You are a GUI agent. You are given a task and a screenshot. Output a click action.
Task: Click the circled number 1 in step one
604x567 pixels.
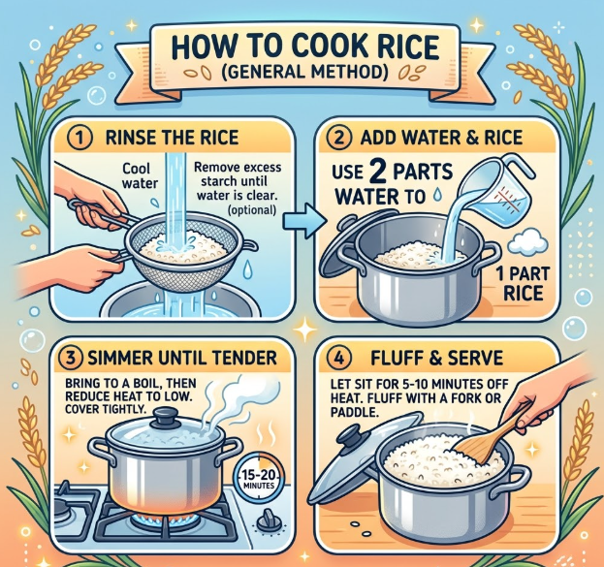(80, 139)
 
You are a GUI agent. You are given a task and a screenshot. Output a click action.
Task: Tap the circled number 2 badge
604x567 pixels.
(339, 139)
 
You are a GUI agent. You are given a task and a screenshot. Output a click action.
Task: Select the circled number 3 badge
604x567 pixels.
(72, 358)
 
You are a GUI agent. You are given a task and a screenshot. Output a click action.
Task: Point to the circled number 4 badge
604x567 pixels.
(339, 359)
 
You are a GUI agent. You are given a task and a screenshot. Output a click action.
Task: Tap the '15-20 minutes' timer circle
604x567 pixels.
(259, 478)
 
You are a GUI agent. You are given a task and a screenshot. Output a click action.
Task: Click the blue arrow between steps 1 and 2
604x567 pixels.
(302, 220)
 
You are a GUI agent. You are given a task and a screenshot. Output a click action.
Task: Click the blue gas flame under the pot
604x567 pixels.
(166, 520)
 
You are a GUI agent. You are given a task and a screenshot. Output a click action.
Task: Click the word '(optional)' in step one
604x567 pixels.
(251, 210)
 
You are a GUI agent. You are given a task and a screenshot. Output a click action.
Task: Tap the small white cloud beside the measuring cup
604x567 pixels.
(527, 239)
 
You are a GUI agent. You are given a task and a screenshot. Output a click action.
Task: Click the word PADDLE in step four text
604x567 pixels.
(353, 413)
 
